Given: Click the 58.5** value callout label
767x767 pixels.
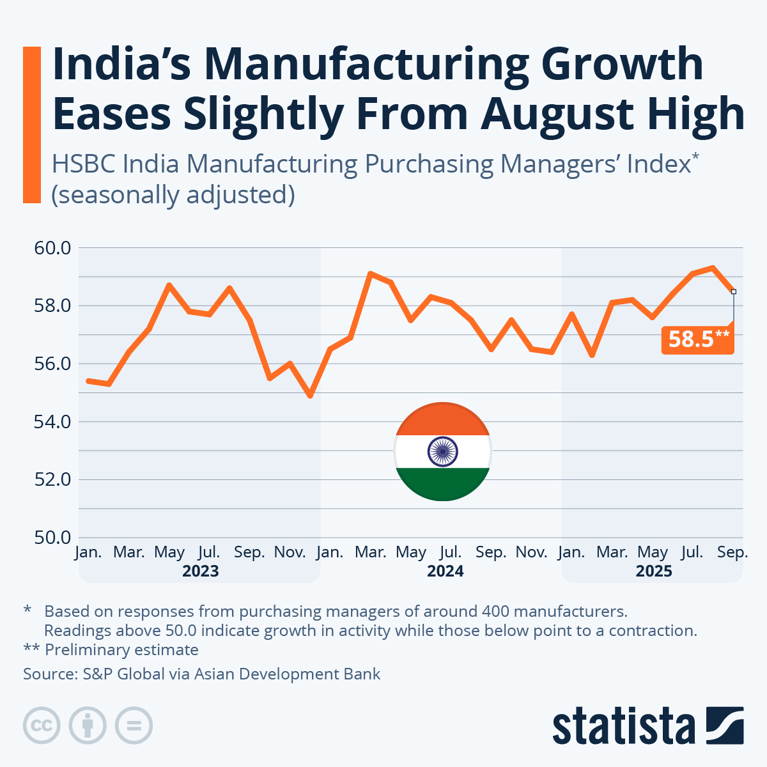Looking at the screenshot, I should point(698,339).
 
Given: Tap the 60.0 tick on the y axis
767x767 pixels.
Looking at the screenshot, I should point(52,247).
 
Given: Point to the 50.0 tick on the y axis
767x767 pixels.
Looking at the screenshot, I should point(52,538).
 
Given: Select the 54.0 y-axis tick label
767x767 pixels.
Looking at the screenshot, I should point(52,422).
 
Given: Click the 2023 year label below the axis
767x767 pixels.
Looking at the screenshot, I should point(200,571).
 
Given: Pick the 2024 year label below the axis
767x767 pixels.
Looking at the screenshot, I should point(445,571).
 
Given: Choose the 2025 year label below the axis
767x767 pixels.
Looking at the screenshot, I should point(653,571).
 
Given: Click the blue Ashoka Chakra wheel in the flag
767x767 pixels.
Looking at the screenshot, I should point(442,451).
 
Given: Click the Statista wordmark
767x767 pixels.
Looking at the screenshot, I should point(624,726).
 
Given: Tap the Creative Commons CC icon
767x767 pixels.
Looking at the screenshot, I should point(42,726).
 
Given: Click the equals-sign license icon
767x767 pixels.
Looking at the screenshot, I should point(134,726).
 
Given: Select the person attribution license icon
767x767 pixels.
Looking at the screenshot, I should point(88,726).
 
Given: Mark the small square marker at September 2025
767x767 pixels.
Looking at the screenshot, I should point(733,291).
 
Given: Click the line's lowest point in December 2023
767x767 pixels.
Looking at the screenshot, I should point(311,396).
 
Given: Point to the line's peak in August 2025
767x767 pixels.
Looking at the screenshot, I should point(713,268).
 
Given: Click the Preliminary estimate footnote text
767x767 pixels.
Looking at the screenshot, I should point(121,650).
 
